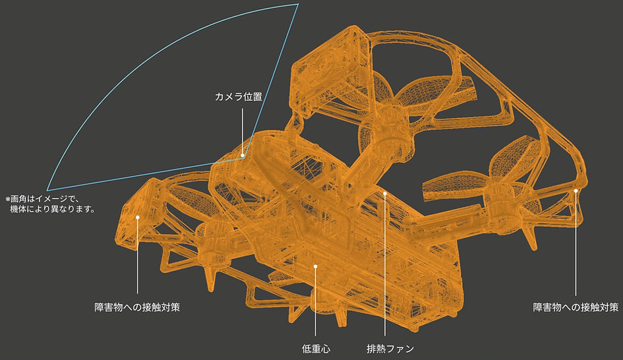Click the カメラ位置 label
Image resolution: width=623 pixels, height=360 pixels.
click(x=239, y=96)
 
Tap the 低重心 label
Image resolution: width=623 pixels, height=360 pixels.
click(x=316, y=349)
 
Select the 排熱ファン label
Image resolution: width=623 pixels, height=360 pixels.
click(x=390, y=349)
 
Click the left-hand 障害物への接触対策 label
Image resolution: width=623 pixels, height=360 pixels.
click(x=137, y=307)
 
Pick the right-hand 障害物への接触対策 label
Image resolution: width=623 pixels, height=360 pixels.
click(x=576, y=307)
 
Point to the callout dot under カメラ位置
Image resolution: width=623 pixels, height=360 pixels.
click(x=243, y=156)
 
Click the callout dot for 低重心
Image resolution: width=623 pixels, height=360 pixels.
click(x=316, y=266)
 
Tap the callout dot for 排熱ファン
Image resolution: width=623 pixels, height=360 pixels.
click(x=384, y=193)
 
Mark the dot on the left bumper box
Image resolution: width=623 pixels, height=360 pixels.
click(x=138, y=218)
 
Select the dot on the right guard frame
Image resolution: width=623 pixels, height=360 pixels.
click(x=576, y=191)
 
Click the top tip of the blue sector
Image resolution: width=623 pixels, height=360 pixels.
click(x=298, y=5)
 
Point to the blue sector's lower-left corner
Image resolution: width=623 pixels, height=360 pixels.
click(x=47, y=190)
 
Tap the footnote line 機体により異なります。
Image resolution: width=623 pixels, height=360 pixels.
click(x=53, y=208)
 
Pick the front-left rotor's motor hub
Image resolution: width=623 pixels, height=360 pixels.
click(x=210, y=239)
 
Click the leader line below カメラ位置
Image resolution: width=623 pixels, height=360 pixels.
click(x=243, y=131)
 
